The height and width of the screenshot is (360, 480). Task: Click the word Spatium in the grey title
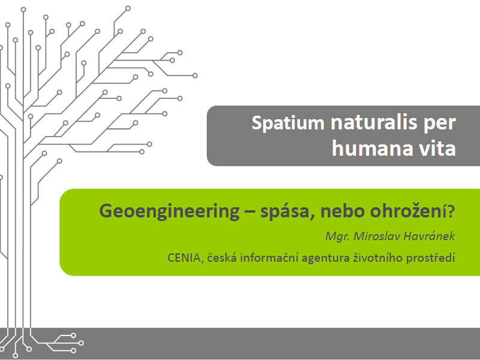pos(288,123)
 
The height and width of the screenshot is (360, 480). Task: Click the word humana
pos(372,149)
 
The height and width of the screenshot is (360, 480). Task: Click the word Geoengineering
pos(169,211)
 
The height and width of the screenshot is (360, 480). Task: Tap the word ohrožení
pos(409,211)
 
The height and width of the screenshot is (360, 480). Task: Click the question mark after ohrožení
pos(451,211)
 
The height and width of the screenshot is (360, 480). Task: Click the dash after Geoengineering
pos(250,213)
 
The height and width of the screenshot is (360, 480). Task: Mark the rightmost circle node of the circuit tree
pos(195,75)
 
